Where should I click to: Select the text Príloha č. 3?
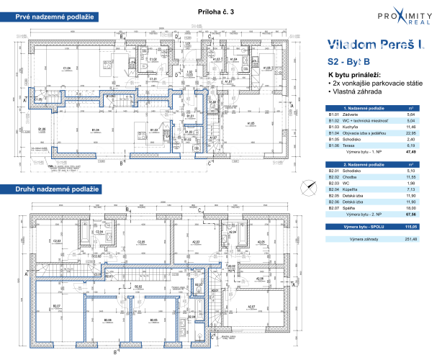[x=215, y=12]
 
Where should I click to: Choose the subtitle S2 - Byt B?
[x=349, y=63]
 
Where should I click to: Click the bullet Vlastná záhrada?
[x=355, y=93]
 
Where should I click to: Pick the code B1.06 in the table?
[x=335, y=144]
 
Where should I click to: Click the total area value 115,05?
[x=411, y=226]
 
